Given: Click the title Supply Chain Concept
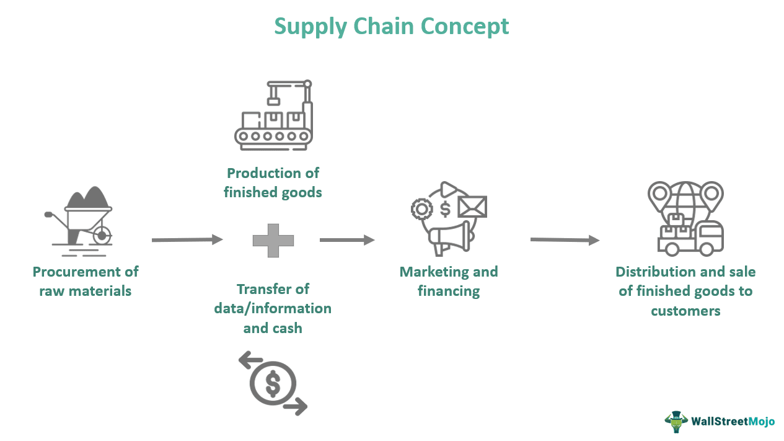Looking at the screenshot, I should tap(392, 26).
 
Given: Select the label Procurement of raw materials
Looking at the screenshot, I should tap(86, 281).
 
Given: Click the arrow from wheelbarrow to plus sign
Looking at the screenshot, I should tap(187, 239).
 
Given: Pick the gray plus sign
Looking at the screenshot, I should tap(273, 240).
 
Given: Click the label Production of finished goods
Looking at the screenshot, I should tap(273, 182).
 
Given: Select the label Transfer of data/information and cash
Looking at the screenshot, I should tap(273, 308).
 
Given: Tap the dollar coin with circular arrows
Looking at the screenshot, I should tap(273, 383).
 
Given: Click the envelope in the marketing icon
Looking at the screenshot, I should tap(472, 207).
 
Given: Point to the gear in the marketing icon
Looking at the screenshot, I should tap(421, 209).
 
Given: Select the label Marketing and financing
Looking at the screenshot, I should tap(449, 281).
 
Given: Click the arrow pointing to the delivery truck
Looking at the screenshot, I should tap(565, 239).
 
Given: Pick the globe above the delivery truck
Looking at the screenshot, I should tap(685, 197).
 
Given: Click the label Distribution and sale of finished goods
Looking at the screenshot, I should tap(685, 291).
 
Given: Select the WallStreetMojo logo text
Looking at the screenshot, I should tap(733, 422).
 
